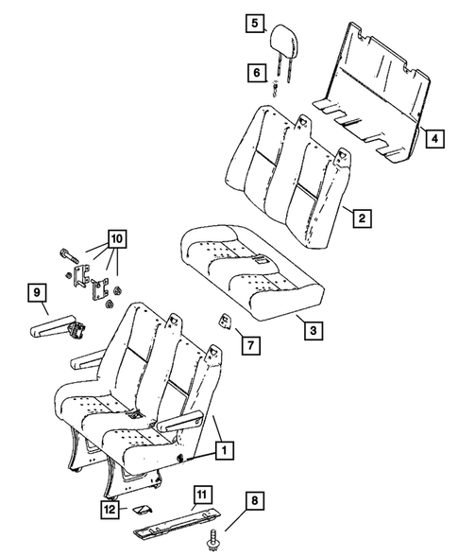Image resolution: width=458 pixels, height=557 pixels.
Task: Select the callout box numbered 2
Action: [x=362, y=219]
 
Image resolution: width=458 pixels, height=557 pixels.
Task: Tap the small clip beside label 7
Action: [x=228, y=321]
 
